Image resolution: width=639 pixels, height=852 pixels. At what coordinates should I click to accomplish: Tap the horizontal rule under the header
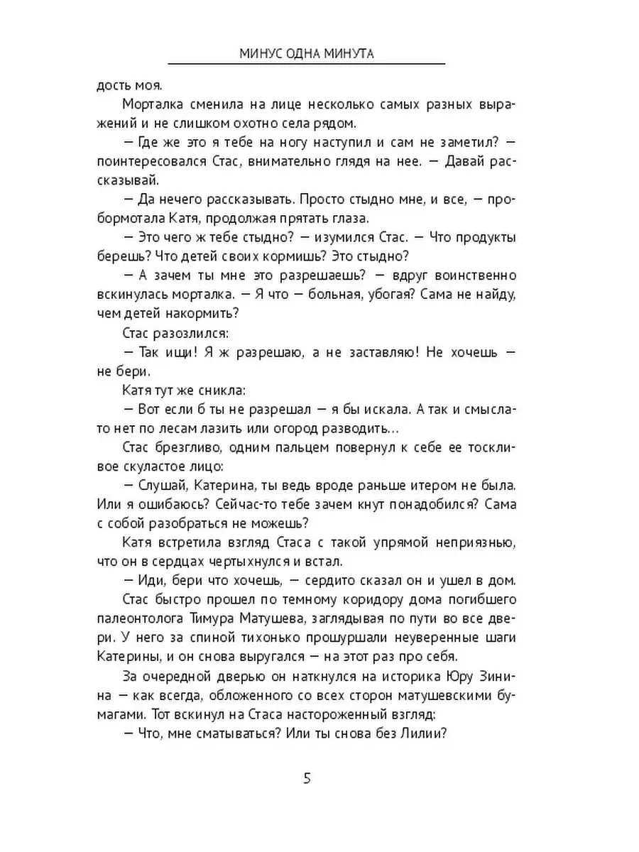[x=307, y=65]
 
